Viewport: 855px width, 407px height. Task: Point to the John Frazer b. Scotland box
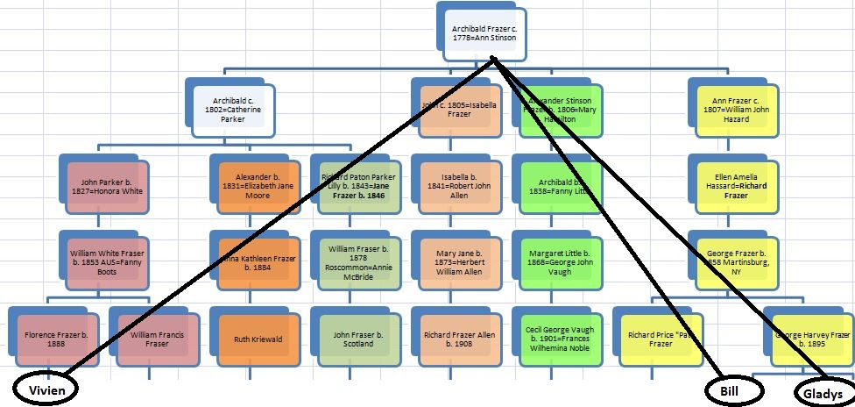354,338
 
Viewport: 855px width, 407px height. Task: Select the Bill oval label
731,387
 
